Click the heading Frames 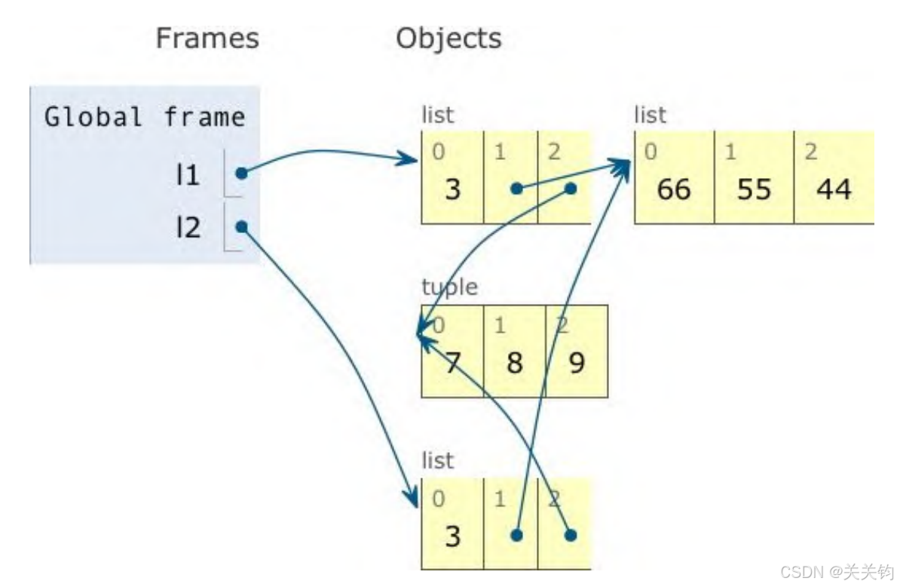[x=207, y=38]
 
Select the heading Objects [x=448, y=38]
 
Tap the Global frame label [x=145, y=118]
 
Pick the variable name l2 [x=188, y=226]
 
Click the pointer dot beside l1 [x=240, y=174]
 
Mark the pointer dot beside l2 [x=240, y=226]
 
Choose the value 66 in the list [x=673, y=189]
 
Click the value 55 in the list [x=754, y=189]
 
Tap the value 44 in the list [x=834, y=189]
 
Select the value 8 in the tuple [x=514, y=364]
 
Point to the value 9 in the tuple [x=576, y=364]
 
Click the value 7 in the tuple [x=452, y=364]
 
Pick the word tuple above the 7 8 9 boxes [x=449, y=287]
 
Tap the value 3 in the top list [x=452, y=189]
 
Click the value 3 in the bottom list [x=452, y=536]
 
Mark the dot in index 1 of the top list [x=516, y=189]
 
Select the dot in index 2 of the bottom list [x=571, y=535]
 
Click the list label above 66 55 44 [x=651, y=115]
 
